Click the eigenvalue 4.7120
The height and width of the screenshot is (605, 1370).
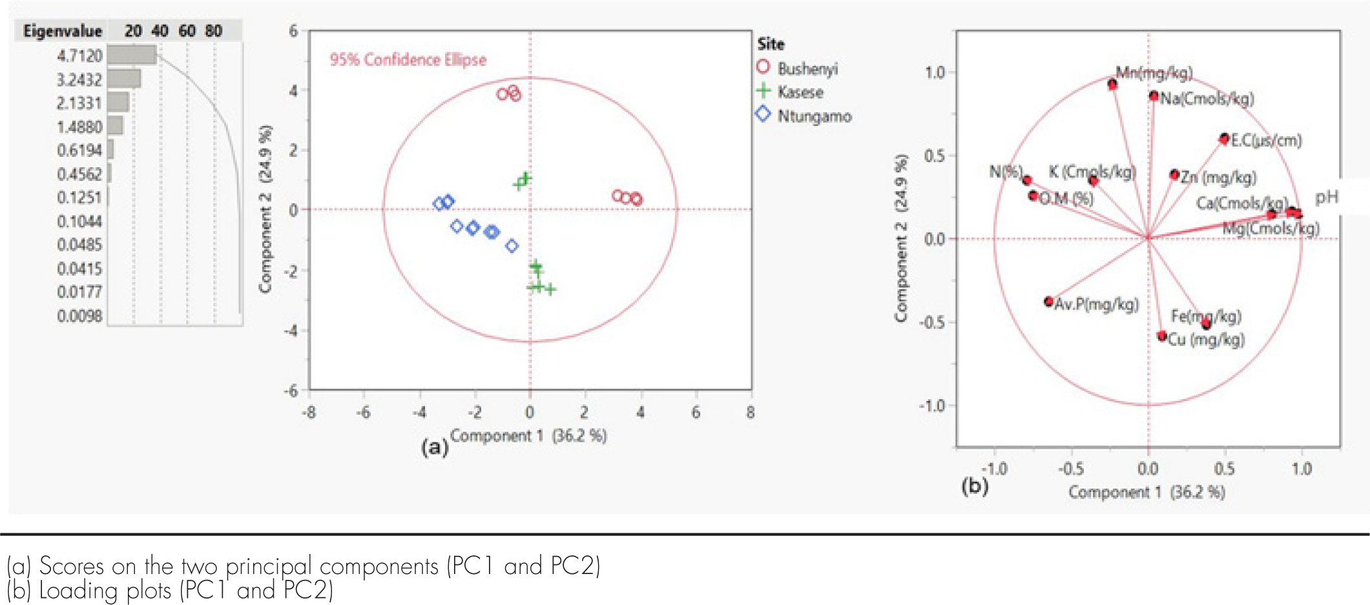point(79,56)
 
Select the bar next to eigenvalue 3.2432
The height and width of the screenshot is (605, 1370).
point(124,79)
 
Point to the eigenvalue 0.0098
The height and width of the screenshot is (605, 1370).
point(79,316)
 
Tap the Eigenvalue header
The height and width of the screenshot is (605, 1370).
point(63,31)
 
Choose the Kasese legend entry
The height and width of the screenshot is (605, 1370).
point(800,92)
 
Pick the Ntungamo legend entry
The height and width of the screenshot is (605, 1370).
point(815,116)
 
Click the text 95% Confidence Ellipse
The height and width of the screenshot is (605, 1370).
point(408,59)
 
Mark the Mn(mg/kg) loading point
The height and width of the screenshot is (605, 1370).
point(1112,85)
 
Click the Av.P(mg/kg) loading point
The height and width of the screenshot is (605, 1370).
point(1049,302)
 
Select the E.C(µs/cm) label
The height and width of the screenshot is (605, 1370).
point(1266,140)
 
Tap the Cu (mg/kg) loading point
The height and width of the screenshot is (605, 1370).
point(1162,336)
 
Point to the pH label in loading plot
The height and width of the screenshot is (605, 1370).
point(1327,198)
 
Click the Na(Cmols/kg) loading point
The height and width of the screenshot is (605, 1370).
point(1154,96)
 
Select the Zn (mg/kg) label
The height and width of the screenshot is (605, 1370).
point(1218,177)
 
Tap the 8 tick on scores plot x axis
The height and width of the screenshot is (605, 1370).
point(750,413)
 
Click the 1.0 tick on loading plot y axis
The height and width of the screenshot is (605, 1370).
point(935,72)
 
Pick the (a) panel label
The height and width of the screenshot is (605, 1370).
point(434,447)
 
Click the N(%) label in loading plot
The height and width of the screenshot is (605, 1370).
point(1005,172)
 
